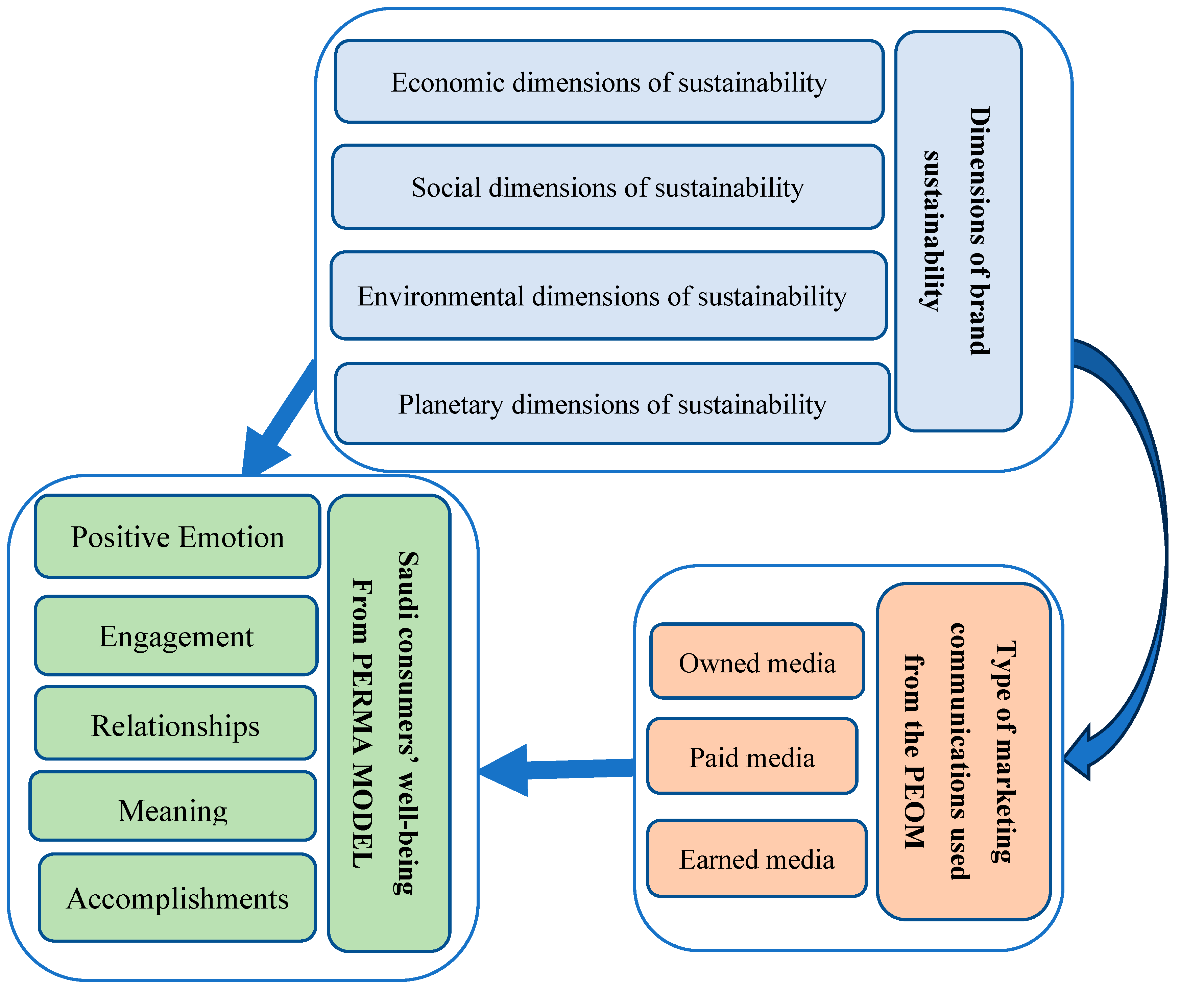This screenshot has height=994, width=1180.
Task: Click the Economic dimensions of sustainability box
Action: click(609, 82)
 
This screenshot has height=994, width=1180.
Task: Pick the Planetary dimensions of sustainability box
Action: click(612, 404)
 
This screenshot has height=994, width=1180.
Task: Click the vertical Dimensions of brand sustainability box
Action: click(958, 231)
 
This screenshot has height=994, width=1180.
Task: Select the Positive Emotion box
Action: click(177, 537)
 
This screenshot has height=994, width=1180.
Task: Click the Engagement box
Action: click(176, 636)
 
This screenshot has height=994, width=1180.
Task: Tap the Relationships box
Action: click(175, 725)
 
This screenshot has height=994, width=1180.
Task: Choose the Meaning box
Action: click(172, 810)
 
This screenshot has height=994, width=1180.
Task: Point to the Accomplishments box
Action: click(177, 898)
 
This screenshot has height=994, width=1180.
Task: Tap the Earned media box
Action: click(756, 859)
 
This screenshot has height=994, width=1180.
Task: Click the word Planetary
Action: click(451, 404)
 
